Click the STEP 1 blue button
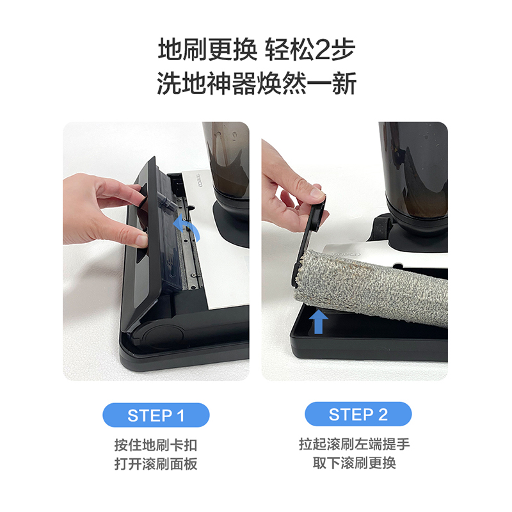point(156,415)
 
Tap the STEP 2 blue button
point(358,414)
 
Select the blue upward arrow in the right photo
point(318,321)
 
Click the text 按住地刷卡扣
point(156,445)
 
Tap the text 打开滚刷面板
point(156,463)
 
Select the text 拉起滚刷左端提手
point(355,444)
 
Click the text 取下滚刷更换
point(355,463)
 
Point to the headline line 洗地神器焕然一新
point(257,84)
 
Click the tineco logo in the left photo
point(199,180)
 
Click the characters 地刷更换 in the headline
point(207,50)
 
